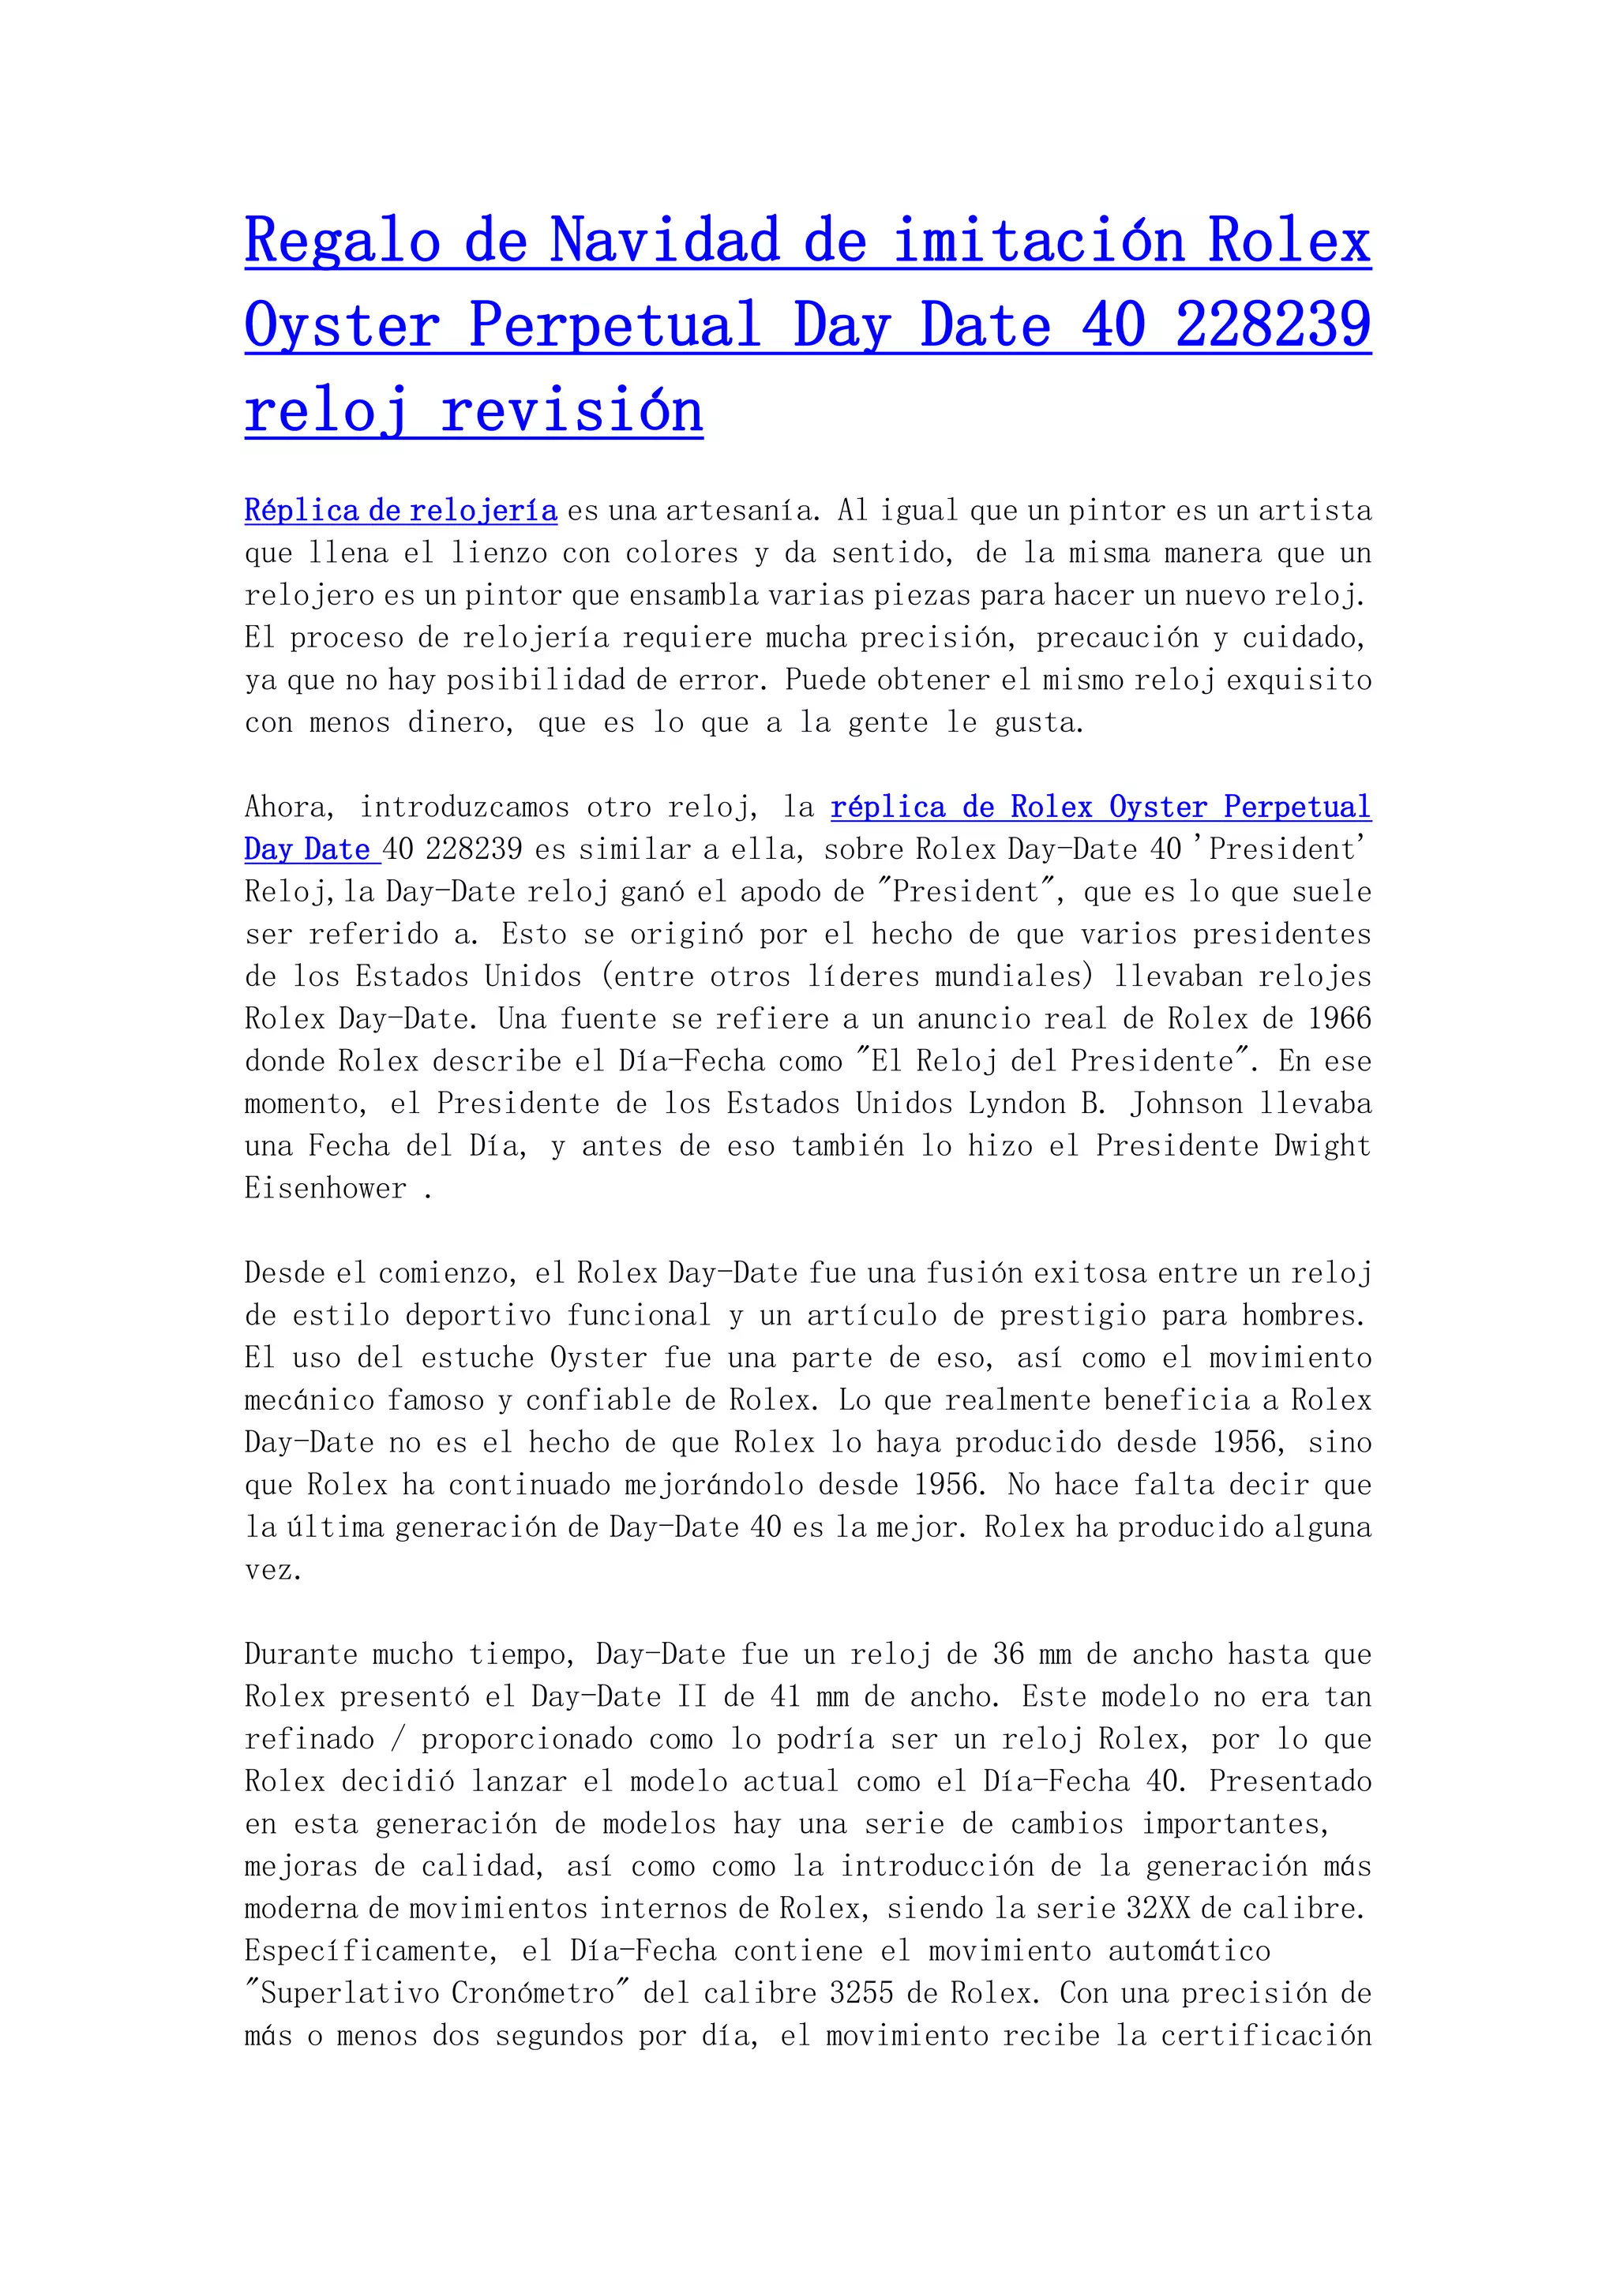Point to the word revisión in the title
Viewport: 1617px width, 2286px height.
(x=572, y=410)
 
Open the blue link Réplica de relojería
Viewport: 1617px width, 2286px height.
(x=400, y=511)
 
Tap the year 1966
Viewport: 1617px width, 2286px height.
(x=1339, y=1018)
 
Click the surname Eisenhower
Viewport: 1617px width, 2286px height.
(x=325, y=1188)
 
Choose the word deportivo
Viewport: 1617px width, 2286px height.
(x=478, y=1315)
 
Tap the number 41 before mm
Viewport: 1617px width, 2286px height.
(x=785, y=1696)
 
